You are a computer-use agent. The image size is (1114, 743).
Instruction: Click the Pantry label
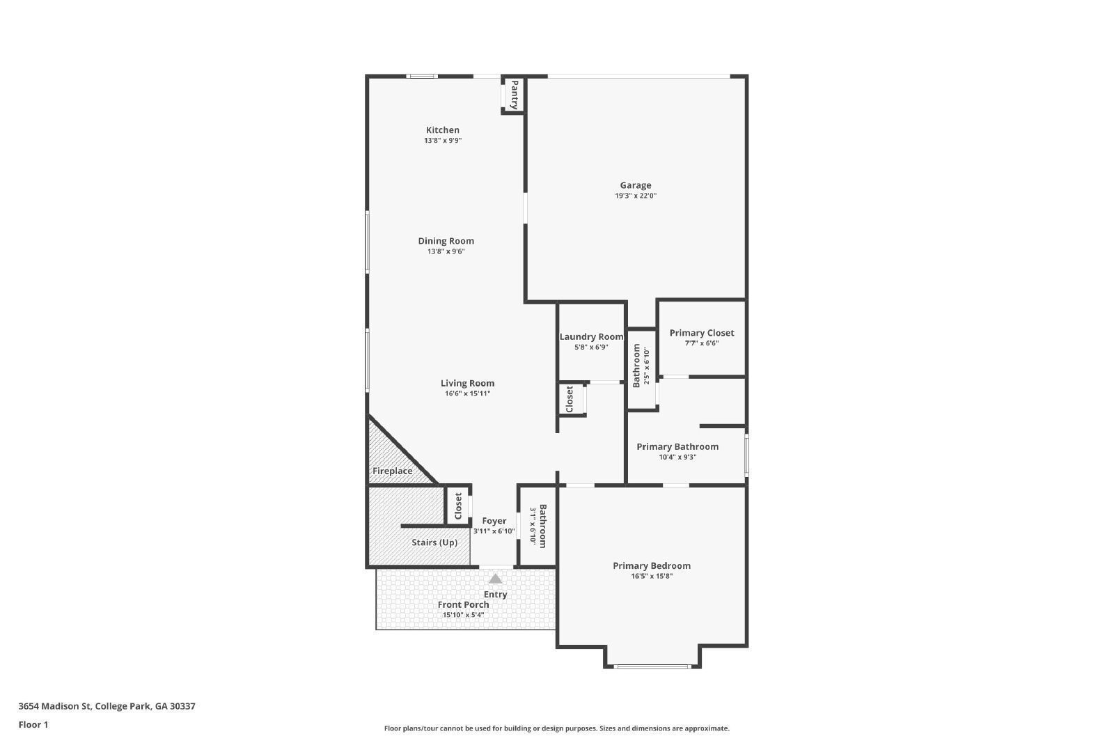514,94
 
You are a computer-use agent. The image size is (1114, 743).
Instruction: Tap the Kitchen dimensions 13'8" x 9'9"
443,141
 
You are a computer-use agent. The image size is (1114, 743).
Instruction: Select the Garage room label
636,185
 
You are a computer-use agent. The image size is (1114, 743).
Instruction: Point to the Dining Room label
446,241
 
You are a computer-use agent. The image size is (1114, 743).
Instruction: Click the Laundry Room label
591,337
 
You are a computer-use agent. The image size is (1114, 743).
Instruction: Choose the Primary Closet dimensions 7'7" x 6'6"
702,343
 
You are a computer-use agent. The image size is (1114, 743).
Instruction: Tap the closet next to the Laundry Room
570,400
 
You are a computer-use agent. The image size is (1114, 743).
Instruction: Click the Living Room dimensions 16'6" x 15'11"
468,393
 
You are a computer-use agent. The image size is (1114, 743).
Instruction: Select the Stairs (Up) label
434,542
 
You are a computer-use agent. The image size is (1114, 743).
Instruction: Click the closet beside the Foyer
458,506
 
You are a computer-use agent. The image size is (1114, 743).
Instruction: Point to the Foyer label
494,521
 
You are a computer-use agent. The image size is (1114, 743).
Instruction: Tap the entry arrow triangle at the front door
495,579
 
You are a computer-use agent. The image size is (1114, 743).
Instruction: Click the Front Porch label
464,604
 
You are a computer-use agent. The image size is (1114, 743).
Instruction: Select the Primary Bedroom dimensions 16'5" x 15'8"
652,576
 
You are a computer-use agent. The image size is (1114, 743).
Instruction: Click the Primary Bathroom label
677,447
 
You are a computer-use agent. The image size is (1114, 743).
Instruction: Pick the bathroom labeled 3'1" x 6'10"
538,526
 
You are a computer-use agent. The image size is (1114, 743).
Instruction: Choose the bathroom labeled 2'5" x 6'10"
641,366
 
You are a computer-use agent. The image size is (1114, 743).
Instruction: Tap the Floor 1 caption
33,725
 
